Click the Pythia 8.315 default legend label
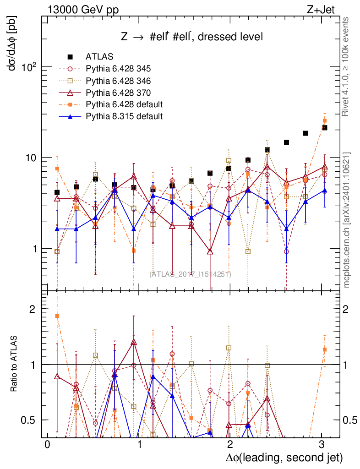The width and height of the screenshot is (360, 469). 124,116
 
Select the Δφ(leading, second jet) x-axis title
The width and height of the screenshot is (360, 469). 284,458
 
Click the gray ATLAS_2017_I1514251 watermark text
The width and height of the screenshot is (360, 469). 190,274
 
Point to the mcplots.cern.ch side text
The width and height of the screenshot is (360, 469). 347,220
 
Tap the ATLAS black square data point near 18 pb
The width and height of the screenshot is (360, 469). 305,133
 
